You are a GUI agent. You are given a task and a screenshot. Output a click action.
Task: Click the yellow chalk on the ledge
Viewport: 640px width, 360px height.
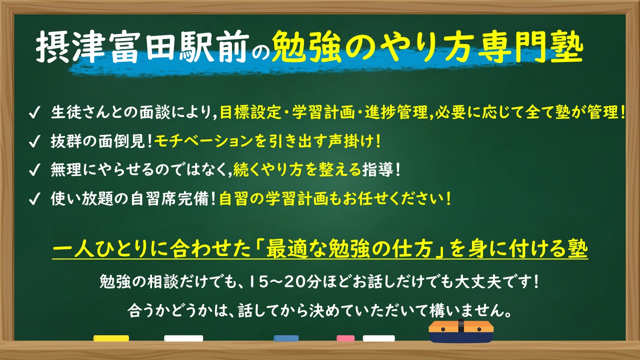111,338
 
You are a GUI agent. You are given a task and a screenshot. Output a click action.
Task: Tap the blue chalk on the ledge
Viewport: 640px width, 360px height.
286,338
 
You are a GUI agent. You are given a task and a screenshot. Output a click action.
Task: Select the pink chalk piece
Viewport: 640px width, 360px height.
345,338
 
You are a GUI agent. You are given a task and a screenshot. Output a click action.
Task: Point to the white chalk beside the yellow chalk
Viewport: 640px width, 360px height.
183,338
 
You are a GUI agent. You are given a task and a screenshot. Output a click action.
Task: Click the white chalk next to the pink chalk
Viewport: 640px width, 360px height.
378,338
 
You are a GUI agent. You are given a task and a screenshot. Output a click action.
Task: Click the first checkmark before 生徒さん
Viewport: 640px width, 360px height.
34,113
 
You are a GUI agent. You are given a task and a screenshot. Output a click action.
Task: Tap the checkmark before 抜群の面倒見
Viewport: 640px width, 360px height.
34,142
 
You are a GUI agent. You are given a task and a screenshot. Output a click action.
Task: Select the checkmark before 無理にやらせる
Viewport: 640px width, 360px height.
34,170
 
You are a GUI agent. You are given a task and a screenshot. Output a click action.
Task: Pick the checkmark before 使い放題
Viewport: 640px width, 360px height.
34,199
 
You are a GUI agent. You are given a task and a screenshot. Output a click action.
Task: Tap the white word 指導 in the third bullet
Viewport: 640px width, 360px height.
378,170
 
